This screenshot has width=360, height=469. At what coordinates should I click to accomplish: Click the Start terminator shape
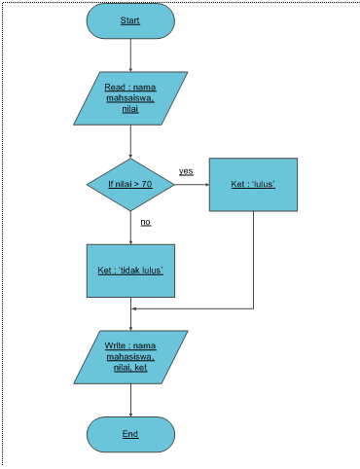tap(130, 20)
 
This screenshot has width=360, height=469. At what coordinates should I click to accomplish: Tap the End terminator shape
tap(130, 433)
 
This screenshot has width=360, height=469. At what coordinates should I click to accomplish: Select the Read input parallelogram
tap(130, 97)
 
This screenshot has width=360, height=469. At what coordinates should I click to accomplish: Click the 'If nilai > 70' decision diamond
tap(130, 183)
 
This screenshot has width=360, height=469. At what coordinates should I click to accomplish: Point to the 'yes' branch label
tap(186, 171)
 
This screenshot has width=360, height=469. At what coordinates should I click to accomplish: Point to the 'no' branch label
tap(146, 222)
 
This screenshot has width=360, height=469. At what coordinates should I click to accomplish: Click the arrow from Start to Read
tap(130, 54)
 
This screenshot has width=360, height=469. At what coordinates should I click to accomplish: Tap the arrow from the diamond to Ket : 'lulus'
tap(192, 183)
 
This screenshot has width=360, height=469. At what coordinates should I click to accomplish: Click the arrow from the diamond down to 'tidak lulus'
tap(130, 226)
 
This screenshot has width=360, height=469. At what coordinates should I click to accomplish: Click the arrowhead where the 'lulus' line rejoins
tap(135, 309)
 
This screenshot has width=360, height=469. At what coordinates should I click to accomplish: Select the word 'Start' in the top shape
tap(130, 20)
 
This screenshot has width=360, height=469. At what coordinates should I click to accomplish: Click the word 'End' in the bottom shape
tap(130, 433)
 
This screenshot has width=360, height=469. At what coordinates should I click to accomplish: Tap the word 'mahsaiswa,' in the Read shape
tap(130, 98)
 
